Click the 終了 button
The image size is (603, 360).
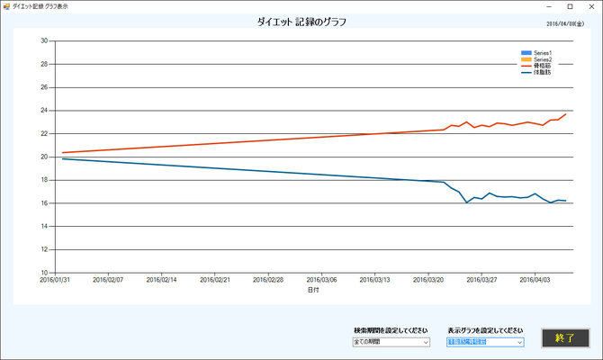coord(565,337)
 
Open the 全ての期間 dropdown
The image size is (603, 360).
coord(391,342)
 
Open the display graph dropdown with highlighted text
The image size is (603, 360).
coord(484,342)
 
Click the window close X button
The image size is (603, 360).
coord(590,6)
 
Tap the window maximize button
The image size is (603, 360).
coord(570,6)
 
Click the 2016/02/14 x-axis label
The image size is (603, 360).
coord(162,280)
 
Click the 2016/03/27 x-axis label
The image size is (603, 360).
coord(482,280)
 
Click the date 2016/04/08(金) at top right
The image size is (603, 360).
coord(568,25)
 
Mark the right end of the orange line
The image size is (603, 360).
coord(565,114)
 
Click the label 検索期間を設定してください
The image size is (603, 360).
coord(391,330)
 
